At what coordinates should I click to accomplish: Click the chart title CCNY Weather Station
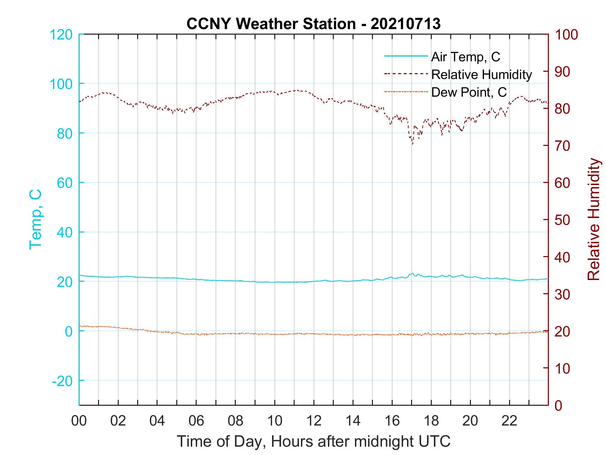pyautogui.click(x=313, y=24)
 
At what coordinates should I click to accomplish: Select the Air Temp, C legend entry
pyautogui.click(x=465, y=57)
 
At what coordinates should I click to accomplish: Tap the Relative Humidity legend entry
pyautogui.click(x=481, y=75)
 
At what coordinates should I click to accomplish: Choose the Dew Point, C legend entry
pyautogui.click(x=469, y=92)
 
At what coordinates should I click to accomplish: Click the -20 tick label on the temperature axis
pyautogui.click(x=62, y=381)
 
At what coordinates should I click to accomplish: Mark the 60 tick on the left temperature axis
pyautogui.click(x=64, y=183)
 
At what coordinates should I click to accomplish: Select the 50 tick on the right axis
pyautogui.click(x=562, y=220)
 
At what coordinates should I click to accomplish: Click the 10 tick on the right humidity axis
pyautogui.click(x=562, y=368)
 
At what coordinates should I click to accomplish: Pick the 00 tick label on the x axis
pyautogui.click(x=79, y=421)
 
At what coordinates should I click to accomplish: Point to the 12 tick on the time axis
pyautogui.click(x=314, y=421)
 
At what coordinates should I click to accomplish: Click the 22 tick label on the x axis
pyautogui.click(x=509, y=421)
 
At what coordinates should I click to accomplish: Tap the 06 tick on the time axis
pyautogui.click(x=196, y=421)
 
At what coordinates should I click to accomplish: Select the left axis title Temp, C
pyautogui.click(x=35, y=219)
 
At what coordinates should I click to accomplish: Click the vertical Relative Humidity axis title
pyautogui.click(x=594, y=219)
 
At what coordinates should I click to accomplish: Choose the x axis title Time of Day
pyautogui.click(x=313, y=441)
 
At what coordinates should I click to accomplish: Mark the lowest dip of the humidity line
pyautogui.click(x=412, y=144)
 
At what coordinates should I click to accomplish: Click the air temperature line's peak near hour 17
pyautogui.click(x=412, y=273)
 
